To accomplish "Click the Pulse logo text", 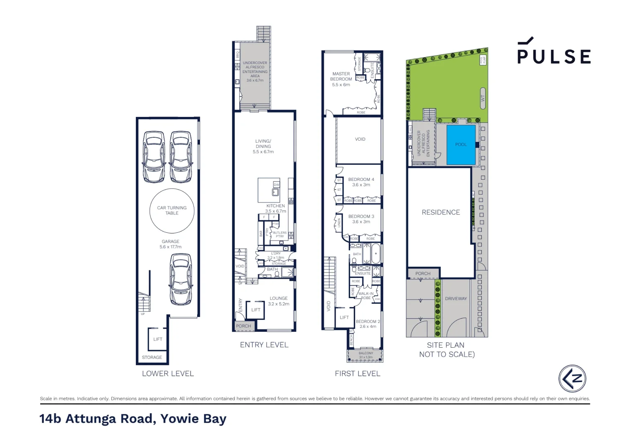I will (x=554, y=56).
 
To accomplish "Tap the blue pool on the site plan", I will (x=461, y=144).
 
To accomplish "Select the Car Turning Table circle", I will (x=172, y=211).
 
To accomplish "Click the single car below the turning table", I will (x=181, y=279).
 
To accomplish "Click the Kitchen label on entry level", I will (x=275, y=206).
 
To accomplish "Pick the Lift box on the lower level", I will (x=158, y=339).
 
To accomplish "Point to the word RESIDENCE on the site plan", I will (x=441, y=212).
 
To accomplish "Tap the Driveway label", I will (x=456, y=299).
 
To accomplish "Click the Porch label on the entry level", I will (x=243, y=326).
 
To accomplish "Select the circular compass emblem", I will (x=572, y=378).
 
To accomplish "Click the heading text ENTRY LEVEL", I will (x=264, y=345).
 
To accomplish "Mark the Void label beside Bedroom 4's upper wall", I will (x=360, y=139).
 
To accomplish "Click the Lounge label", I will (x=278, y=298).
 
